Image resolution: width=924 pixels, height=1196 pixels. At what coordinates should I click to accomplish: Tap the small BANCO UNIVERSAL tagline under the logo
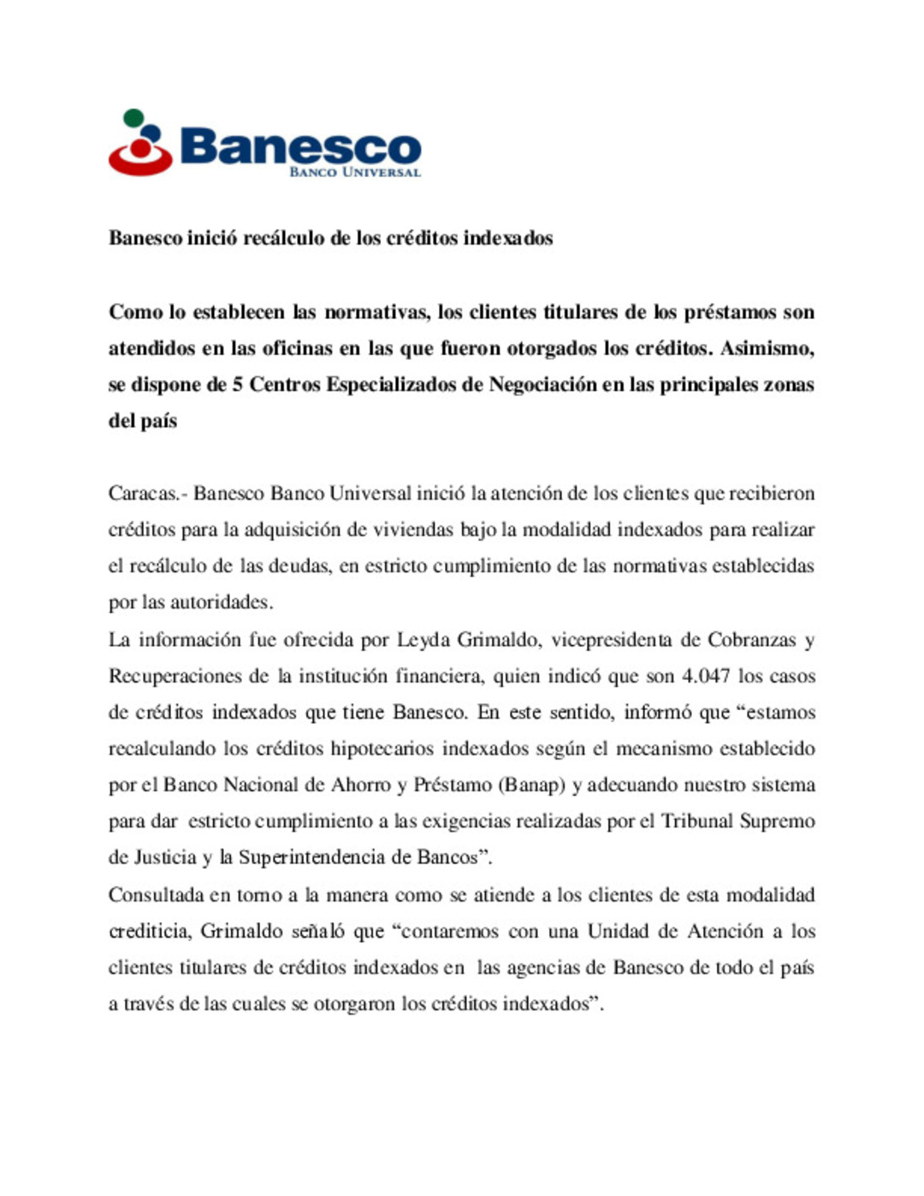click(355, 172)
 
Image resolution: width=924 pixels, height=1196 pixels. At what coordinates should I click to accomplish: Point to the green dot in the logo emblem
click(133, 117)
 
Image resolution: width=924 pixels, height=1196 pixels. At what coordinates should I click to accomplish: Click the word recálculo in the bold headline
click(284, 238)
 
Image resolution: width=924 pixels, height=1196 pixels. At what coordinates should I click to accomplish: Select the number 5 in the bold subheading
click(237, 385)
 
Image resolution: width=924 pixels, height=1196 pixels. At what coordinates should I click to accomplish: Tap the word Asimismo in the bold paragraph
click(767, 349)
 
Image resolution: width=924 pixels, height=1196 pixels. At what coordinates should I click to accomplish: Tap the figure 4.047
click(705, 676)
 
